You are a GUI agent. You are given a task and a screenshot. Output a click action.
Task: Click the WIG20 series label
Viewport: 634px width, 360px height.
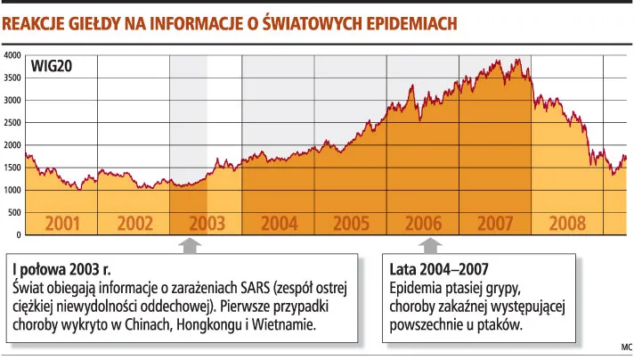(x=51, y=66)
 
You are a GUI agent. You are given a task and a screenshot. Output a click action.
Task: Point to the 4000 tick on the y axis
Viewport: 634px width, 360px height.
(x=12, y=55)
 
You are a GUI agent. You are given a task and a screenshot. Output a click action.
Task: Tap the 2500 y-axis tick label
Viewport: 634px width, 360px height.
(x=12, y=122)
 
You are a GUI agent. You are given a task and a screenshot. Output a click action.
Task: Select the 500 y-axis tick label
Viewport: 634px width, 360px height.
(x=14, y=212)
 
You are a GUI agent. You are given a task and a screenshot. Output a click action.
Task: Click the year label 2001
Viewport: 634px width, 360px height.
(x=61, y=223)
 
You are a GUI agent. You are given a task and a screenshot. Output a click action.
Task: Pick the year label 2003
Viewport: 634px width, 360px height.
(x=206, y=223)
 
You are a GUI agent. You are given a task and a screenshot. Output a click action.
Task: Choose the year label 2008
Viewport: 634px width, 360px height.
(x=567, y=223)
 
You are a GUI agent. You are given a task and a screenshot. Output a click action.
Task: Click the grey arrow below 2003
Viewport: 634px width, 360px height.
(x=189, y=245)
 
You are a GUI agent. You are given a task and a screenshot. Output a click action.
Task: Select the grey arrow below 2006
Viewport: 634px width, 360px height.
(x=430, y=245)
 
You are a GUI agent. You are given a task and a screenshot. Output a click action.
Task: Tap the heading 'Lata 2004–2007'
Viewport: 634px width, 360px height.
(x=438, y=269)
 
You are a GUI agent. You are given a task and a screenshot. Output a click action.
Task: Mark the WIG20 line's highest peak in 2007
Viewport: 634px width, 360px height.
(x=517, y=60)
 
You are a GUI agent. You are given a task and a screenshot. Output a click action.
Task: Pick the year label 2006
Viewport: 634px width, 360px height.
(x=423, y=223)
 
